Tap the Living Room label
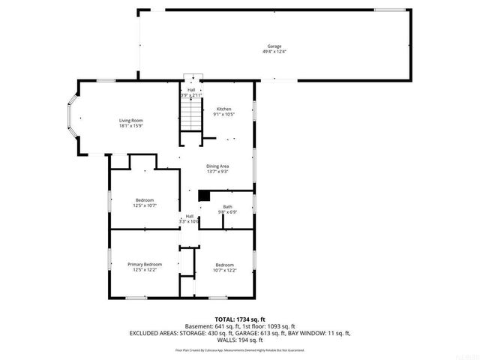pos(130,120)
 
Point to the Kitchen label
pos(224,109)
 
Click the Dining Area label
pos(217,166)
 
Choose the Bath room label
pos(227,206)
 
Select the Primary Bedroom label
pos(145,264)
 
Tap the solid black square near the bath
pos(203,195)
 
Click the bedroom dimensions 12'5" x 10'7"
pos(145,205)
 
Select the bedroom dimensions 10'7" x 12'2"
pos(225,269)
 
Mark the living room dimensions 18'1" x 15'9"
pos(130,125)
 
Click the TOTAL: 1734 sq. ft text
pos(239,319)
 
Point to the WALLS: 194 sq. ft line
pos(239,340)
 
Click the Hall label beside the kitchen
pos(191,90)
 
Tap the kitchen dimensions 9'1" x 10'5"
pos(224,114)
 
